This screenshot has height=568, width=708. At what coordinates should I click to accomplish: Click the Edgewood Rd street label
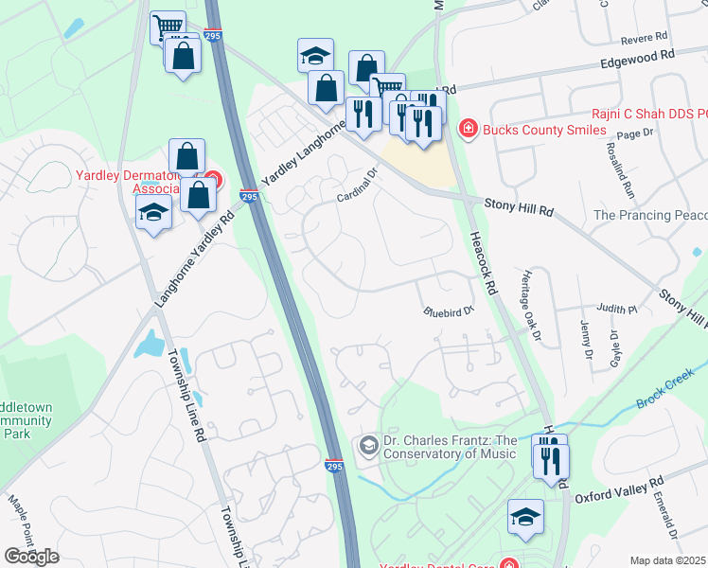pos(636,56)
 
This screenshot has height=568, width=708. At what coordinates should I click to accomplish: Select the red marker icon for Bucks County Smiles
pos(467,129)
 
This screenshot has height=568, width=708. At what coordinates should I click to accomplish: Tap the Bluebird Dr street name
pos(447,310)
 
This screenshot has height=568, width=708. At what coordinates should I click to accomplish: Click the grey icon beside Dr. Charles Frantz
pos(367,446)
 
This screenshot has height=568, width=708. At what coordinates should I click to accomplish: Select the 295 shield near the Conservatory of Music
pos(334,466)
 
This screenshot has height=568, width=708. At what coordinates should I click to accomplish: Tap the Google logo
pos(31,556)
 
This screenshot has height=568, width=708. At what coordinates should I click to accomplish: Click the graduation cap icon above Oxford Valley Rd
pos(525,517)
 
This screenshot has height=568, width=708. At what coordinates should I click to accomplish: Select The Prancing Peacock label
pos(649,216)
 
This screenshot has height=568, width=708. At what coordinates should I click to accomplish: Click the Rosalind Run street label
pos(628,169)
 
